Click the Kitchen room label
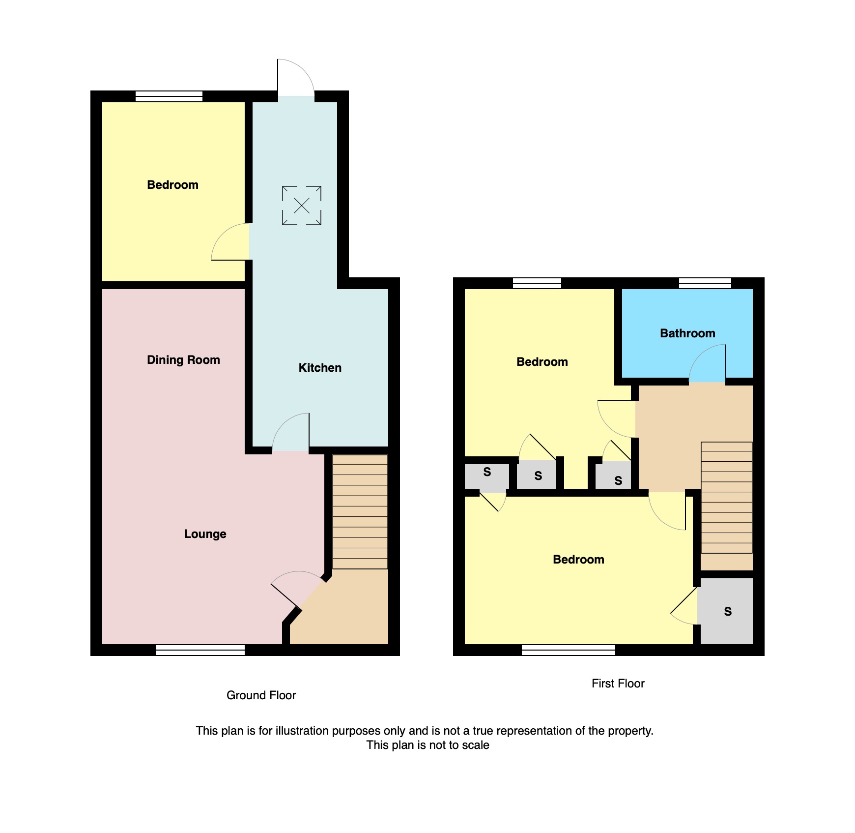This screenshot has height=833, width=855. click(x=320, y=368)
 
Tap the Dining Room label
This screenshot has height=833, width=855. click(x=183, y=360)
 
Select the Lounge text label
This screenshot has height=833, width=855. click(x=205, y=534)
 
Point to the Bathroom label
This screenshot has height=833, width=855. click(x=687, y=333)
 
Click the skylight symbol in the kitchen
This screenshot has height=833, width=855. click(x=302, y=206)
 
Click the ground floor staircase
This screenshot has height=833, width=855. click(x=360, y=512)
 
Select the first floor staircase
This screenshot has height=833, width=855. click(x=727, y=498)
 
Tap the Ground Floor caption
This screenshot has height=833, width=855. click(x=261, y=695)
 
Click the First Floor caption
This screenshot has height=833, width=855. click(x=618, y=684)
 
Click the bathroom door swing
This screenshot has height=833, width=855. click(x=707, y=363)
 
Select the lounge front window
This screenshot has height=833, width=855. click(x=200, y=650)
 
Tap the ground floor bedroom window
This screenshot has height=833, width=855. click(x=169, y=96)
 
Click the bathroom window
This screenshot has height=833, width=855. click(x=705, y=283)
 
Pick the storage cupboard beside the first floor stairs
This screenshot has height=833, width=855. click(x=726, y=611)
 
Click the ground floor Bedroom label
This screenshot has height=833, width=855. click(x=172, y=185)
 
